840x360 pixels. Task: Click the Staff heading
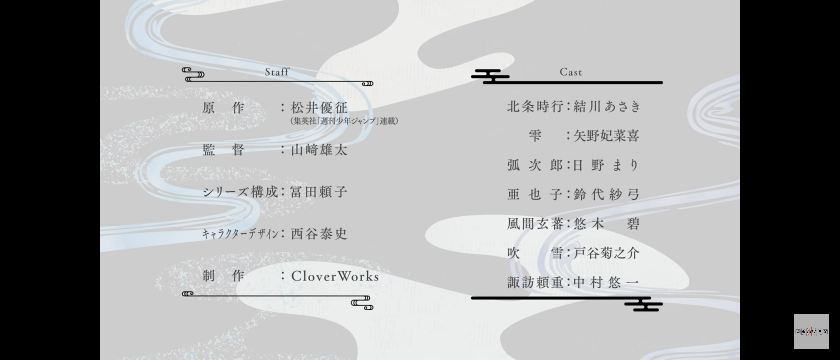pos(277,72)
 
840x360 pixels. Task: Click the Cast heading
pos(571,72)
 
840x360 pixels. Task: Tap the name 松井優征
pos(319,108)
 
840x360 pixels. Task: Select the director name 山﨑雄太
pos(319,150)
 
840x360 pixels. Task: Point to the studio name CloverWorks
pos(335,276)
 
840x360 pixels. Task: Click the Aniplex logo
pos(811,332)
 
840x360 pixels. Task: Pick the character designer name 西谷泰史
pos(319,234)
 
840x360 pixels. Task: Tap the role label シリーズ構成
pos(240,192)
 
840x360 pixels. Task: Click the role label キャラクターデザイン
pos(240,234)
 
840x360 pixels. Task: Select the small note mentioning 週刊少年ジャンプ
pos(344,121)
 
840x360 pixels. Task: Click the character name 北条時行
pos(535,107)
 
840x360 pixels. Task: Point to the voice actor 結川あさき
pos(607,107)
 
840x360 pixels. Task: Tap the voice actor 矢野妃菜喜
pos(606,136)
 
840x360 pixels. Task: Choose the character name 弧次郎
pos(535,165)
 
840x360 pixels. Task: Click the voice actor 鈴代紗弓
pos(606,194)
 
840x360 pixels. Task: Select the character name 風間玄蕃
pos(535,224)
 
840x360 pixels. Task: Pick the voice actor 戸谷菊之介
pos(606,253)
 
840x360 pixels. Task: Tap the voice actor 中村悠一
pos(606,283)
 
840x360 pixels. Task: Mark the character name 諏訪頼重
pos(535,283)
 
